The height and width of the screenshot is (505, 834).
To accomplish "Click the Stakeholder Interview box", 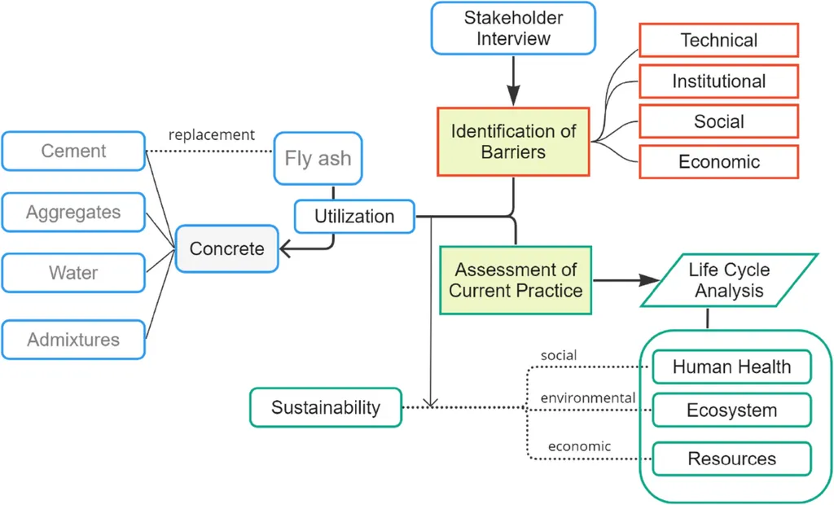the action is pyautogui.click(x=513, y=29).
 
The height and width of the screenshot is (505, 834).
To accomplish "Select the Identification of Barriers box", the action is pyautogui.click(x=513, y=142).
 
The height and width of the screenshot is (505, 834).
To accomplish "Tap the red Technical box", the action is pyautogui.click(x=718, y=40).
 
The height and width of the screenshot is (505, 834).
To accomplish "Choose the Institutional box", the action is pyautogui.click(x=718, y=81).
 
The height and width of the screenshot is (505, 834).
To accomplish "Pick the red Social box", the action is pyautogui.click(x=718, y=121).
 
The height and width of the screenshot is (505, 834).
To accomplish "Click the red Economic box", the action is pyautogui.click(x=718, y=161).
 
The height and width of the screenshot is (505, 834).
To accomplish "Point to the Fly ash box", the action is pyautogui.click(x=318, y=159).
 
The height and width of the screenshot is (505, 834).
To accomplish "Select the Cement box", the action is pyautogui.click(x=73, y=151).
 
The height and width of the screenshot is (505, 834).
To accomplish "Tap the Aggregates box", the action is pyautogui.click(x=73, y=213).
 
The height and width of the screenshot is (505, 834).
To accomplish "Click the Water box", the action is pyautogui.click(x=73, y=273).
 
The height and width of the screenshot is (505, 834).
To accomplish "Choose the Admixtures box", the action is pyautogui.click(x=73, y=340).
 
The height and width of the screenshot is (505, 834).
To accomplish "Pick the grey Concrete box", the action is pyautogui.click(x=227, y=248).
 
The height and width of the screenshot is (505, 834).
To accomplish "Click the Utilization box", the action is pyautogui.click(x=354, y=217).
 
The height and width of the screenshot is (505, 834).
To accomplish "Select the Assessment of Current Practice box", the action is pyautogui.click(x=516, y=280).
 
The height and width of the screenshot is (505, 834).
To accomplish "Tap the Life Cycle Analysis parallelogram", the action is pyautogui.click(x=729, y=280).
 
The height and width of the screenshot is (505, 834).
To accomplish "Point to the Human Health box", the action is pyautogui.click(x=732, y=367).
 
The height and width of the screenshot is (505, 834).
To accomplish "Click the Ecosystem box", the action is pyautogui.click(x=732, y=411).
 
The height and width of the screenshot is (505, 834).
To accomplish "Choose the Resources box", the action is pyautogui.click(x=732, y=459).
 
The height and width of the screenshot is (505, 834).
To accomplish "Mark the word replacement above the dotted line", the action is pyautogui.click(x=212, y=135).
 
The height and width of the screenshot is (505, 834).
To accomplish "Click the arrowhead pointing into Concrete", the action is pyautogui.click(x=284, y=248).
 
